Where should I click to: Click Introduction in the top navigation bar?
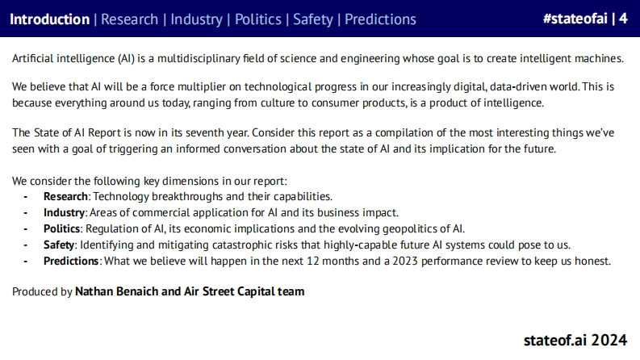point(49,19)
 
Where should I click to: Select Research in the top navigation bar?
point(129,19)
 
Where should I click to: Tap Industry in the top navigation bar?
point(196,19)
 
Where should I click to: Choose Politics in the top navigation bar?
point(258,19)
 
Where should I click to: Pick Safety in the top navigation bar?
point(313,19)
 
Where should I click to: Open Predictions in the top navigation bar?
point(380,19)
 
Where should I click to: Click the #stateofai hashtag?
point(575,19)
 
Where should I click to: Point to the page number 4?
point(623,19)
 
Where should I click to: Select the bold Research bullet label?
point(65,196)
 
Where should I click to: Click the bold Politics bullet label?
point(61,228)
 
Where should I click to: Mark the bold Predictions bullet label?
point(71,261)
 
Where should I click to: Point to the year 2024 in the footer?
point(609,340)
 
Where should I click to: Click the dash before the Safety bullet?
point(25,245)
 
